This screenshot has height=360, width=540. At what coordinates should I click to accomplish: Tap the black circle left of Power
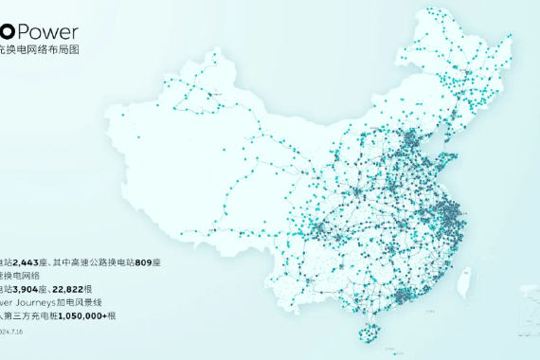point(8,32)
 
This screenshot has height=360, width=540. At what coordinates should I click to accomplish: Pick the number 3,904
point(28,290)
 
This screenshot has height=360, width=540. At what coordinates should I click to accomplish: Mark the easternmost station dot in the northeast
point(513,39)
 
